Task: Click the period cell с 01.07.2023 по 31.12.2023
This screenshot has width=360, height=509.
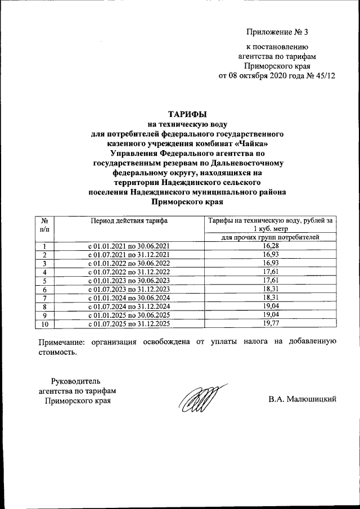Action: coord(129,290)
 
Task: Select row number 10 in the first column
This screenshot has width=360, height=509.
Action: coord(44,324)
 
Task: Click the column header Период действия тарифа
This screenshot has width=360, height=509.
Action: coord(129,221)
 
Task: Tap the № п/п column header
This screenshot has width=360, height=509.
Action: coord(44,225)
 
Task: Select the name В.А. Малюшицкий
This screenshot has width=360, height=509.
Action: coord(302,400)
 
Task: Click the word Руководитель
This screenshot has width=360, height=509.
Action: coord(77,381)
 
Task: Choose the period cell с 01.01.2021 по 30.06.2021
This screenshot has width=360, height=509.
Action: coord(129,246)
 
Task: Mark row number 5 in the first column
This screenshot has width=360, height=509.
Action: coord(44,281)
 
